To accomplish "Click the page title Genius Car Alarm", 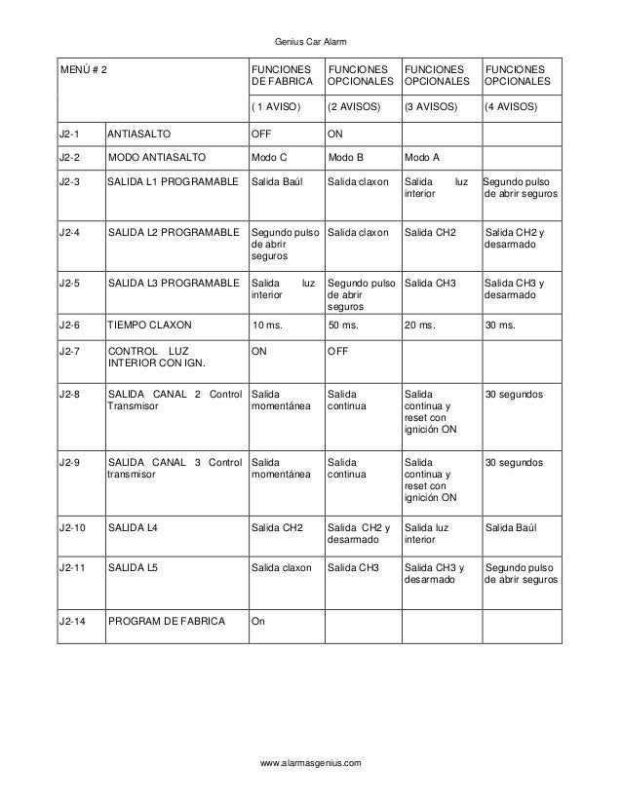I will [311, 41].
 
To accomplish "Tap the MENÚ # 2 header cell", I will [85, 71].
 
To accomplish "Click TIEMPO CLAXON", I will [150, 326].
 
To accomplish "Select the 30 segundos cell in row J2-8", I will [515, 394].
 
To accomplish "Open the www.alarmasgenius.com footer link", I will [311, 762].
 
